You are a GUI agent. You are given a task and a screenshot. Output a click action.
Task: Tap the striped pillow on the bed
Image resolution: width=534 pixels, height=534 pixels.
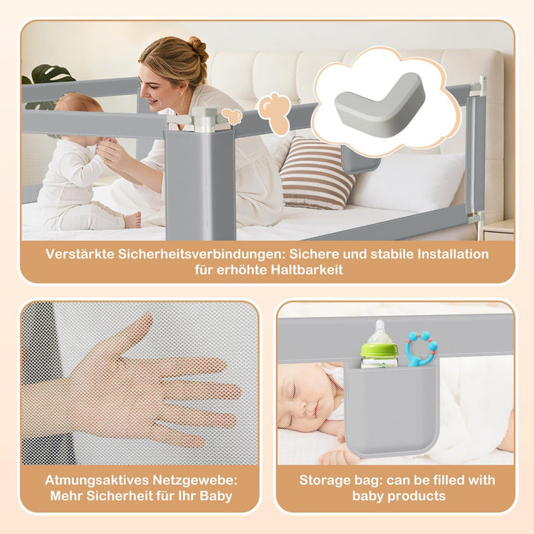317,173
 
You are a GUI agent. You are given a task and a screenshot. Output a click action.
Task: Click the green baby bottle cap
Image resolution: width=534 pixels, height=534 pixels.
379,350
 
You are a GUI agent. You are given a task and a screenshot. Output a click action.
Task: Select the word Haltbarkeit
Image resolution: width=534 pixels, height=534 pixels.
307,270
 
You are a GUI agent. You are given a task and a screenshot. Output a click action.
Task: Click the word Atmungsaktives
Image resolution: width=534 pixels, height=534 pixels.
96,480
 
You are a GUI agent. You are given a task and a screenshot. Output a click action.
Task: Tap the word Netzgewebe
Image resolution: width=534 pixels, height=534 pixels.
194,480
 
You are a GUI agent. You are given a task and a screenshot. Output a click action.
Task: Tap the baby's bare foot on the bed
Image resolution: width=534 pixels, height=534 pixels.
133,220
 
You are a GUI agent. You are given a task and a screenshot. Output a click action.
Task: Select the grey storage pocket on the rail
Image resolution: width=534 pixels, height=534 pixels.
392,410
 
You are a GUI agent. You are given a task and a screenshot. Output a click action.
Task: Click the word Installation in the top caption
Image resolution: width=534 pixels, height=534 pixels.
453,254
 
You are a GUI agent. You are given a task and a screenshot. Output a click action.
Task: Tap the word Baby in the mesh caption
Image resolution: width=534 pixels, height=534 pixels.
216,496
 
